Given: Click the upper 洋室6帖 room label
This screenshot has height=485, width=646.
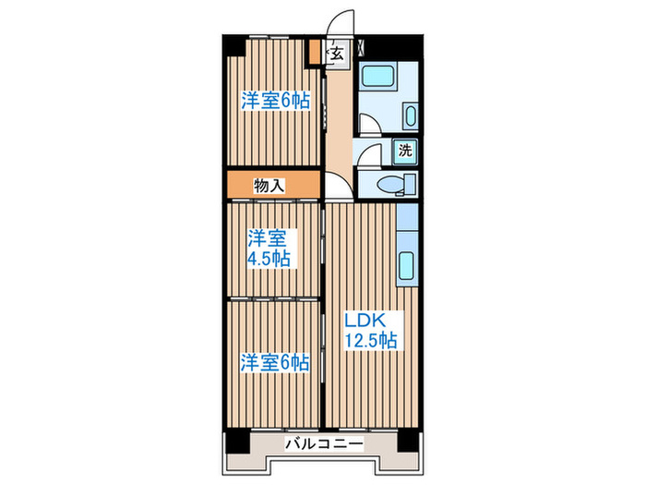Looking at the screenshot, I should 275,101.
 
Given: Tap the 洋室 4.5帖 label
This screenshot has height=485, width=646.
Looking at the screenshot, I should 268,248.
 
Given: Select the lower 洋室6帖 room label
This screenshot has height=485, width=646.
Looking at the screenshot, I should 275,362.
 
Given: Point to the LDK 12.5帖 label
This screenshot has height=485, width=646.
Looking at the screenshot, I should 370,331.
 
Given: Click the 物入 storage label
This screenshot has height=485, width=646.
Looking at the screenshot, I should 269,186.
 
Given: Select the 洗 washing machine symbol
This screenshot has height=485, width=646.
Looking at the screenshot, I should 405,149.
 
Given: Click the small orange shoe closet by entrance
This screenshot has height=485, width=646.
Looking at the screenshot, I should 315,52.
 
